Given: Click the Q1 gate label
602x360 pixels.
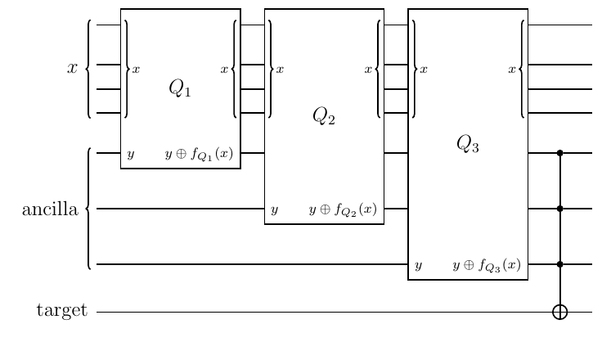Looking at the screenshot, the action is (180, 88).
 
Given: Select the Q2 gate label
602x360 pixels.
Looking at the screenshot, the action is (324, 116).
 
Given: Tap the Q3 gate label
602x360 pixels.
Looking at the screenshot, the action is (468, 144).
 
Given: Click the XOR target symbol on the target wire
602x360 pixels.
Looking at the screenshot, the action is (559, 312).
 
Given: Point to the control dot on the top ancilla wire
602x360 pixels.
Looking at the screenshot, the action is (559, 153).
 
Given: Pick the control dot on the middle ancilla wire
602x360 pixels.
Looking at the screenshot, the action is (559, 209).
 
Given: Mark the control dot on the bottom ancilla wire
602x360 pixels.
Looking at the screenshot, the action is (559, 264).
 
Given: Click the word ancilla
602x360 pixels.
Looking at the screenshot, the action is (50, 209).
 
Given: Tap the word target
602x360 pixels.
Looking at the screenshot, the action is (62, 310).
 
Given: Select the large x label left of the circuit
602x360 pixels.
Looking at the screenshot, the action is (72, 68).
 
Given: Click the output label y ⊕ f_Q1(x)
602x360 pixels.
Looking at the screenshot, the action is (199, 154).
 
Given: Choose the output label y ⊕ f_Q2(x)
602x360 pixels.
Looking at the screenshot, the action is (343, 209).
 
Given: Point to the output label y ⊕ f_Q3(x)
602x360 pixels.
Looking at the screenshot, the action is (487, 265).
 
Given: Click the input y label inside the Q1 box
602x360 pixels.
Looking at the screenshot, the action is (131, 155).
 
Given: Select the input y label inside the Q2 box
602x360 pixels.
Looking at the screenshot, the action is (274, 210).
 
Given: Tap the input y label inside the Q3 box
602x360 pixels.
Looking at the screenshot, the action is (419, 265).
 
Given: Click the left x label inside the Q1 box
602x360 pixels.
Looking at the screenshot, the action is (136, 70).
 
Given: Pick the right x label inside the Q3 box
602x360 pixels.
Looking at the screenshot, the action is (512, 70).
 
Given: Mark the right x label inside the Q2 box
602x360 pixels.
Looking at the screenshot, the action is (368, 70).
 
